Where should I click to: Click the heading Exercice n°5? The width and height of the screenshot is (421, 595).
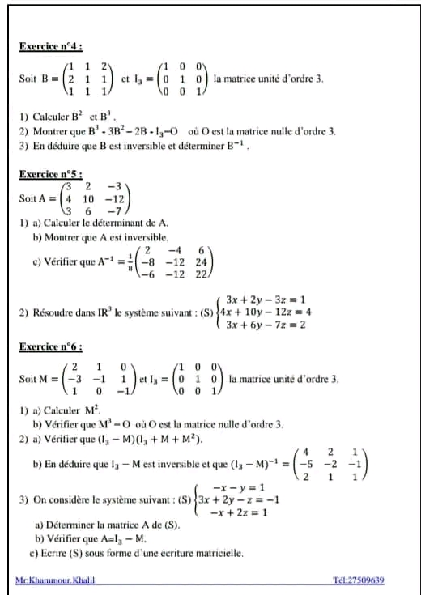coord(51,174)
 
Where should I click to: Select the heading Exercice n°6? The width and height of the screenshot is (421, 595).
coord(51,346)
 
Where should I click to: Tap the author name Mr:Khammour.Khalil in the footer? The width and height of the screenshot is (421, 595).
coord(53,581)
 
